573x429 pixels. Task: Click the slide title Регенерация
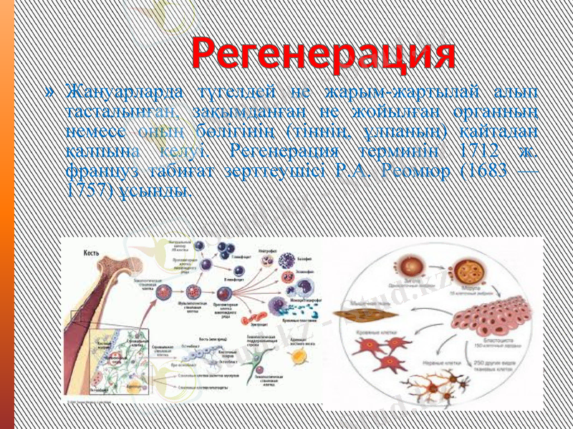tap(323, 52)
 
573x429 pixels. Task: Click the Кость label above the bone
tap(91, 252)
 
